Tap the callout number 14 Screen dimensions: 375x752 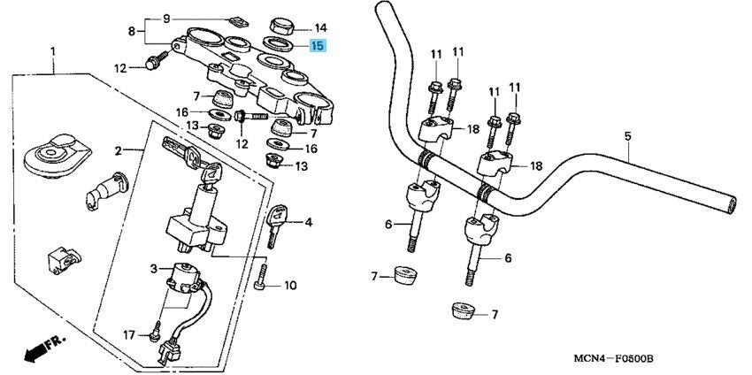point(319,27)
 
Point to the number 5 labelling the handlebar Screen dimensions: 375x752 point(627,136)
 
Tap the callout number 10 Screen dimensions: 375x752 point(291,286)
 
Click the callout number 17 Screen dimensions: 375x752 point(129,334)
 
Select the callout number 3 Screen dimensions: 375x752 point(152,267)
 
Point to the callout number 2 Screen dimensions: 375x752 point(118,151)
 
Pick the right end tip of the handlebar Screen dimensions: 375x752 point(731,204)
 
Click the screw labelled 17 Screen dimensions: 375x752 point(157,333)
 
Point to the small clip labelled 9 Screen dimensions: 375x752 point(236,19)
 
